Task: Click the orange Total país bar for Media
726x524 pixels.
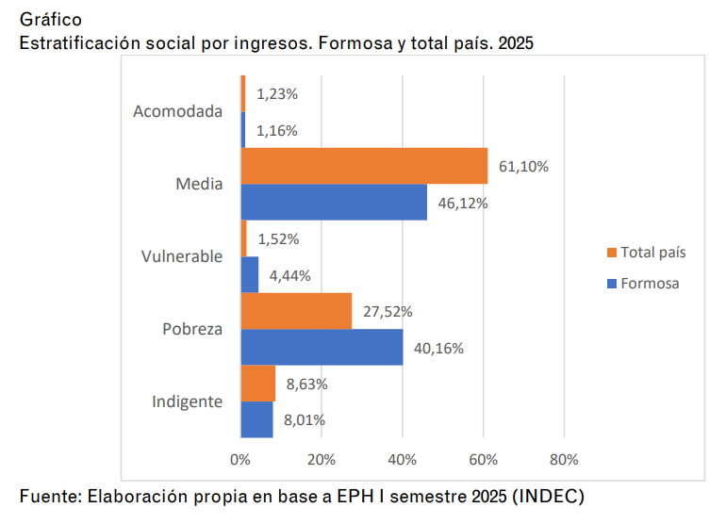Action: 364,166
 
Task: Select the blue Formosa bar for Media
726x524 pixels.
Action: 334,202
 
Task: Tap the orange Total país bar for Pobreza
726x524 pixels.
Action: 296,311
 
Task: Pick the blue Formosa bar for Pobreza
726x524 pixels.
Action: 322,347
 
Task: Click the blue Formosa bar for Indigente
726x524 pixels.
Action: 256,419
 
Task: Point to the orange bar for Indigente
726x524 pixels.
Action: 257,384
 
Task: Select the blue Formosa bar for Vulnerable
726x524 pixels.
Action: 250,274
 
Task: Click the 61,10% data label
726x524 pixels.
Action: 523,167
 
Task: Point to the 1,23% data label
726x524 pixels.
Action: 277,94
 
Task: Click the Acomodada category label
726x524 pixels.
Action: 178,111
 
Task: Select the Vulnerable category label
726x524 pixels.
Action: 182,256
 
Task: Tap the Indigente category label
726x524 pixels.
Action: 188,401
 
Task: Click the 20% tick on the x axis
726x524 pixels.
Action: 322,460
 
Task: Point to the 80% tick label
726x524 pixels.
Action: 564,460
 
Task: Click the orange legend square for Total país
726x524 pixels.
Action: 611,253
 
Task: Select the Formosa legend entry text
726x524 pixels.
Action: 650,283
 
